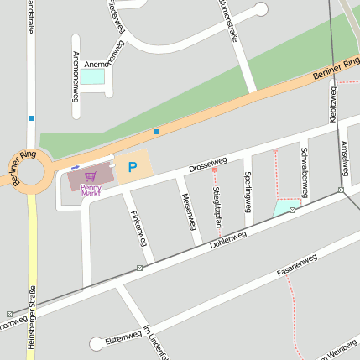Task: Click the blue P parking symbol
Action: pos(132,167)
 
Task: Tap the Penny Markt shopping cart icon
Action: pos(91,177)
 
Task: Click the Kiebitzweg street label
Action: pos(333,104)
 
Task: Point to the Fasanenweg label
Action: pos(297,266)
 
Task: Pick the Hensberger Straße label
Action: pos(33,319)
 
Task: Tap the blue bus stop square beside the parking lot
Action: pos(157,131)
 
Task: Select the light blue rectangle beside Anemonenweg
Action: pos(92,76)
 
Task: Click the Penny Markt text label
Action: pos(91,190)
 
